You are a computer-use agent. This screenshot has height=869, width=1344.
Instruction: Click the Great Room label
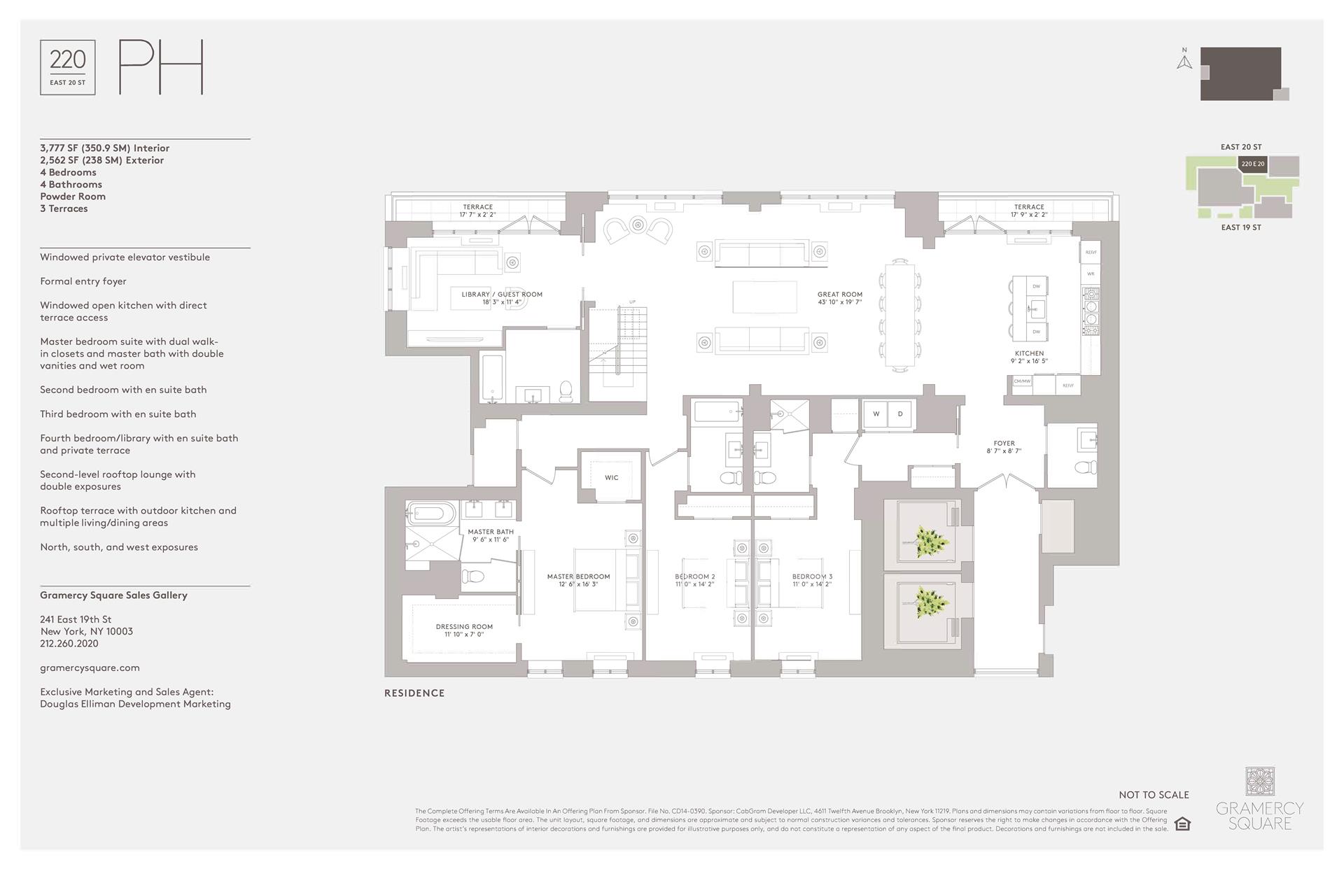(x=839, y=298)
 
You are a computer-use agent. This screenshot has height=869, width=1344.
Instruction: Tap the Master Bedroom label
(x=578, y=580)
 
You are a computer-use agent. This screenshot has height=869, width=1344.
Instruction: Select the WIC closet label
(x=611, y=478)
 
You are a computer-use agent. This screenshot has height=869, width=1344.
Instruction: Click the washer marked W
(x=876, y=414)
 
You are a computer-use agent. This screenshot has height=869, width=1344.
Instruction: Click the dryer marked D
(x=900, y=414)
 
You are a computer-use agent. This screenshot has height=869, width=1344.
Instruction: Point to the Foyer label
(x=1004, y=447)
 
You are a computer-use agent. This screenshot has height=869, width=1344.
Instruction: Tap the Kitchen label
(x=1029, y=357)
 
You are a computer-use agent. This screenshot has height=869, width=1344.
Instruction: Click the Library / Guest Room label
(x=502, y=298)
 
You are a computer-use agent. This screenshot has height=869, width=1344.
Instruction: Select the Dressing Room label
(x=464, y=630)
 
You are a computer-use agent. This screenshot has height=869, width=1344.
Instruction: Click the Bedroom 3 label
(x=812, y=580)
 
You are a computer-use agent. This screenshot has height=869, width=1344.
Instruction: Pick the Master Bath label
(x=491, y=535)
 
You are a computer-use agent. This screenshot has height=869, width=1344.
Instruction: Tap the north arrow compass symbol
(x=1184, y=62)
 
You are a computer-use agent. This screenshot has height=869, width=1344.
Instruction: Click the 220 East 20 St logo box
(x=68, y=67)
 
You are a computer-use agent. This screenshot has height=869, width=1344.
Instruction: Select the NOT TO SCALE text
(x=1154, y=795)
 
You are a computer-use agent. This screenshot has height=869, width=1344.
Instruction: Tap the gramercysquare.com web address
(x=90, y=667)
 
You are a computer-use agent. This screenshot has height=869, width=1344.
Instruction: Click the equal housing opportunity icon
(x=1182, y=824)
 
